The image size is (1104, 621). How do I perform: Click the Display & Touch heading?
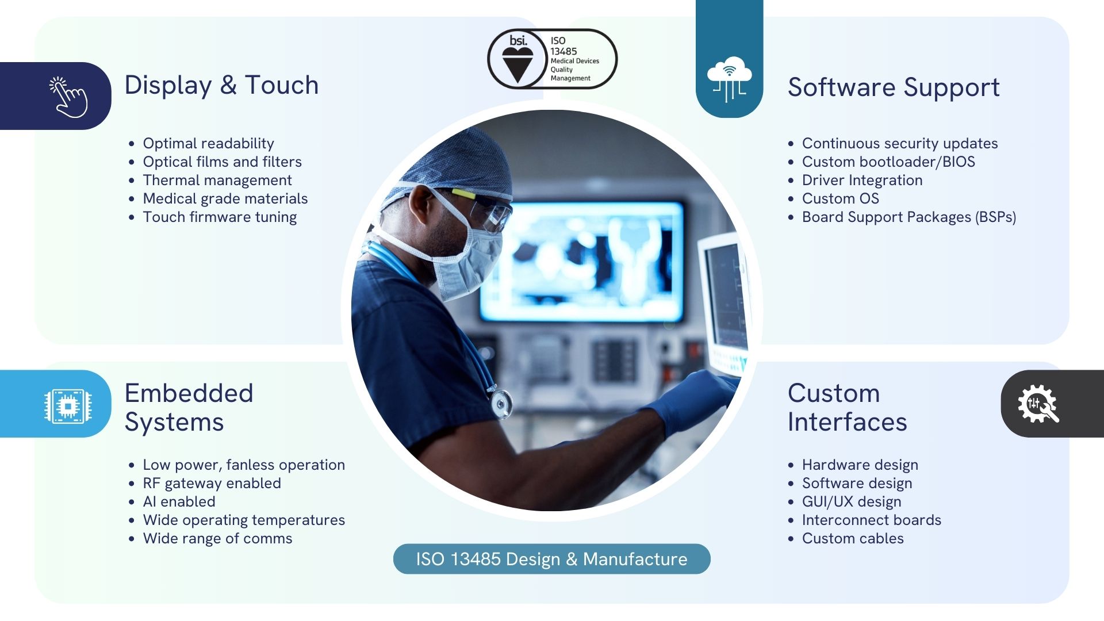(x=221, y=86)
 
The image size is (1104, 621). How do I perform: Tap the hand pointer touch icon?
(x=68, y=97)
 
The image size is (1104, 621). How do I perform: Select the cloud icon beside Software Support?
(x=729, y=79)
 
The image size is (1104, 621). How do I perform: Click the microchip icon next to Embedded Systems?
(x=68, y=407)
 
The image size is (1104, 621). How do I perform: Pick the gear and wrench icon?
(x=1038, y=404)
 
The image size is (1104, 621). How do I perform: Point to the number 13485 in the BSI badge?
(x=563, y=51)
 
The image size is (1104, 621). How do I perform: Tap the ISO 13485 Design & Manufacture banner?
(x=551, y=559)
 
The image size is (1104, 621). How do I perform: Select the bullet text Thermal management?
(x=217, y=180)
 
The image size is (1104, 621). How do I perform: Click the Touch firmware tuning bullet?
(x=220, y=217)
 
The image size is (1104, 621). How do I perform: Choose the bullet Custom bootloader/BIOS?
(x=888, y=162)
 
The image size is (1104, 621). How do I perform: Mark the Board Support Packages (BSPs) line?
(x=909, y=217)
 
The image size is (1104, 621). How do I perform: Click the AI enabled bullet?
(x=179, y=501)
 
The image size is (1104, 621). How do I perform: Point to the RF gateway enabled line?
(x=212, y=483)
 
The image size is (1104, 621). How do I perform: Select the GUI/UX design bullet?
(x=852, y=502)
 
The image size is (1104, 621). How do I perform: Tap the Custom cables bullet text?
(x=853, y=538)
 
